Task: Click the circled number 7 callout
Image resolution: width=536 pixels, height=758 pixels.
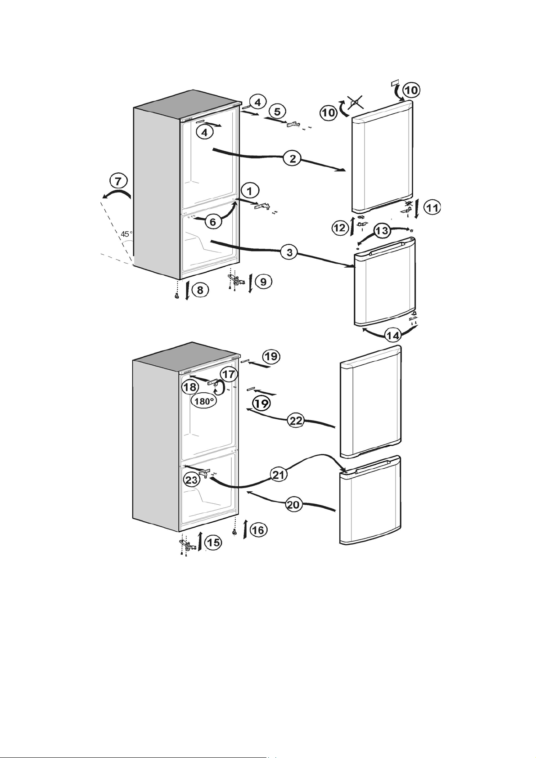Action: tap(118, 181)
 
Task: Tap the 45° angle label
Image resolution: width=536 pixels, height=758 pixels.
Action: tap(127, 234)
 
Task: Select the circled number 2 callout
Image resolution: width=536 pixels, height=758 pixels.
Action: tap(293, 158)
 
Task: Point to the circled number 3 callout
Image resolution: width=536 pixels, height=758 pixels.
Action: tap(289, 252)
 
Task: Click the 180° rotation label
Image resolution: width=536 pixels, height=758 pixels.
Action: tap(204, 401)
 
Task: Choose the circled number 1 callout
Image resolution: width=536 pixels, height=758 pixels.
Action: tap(249, 191)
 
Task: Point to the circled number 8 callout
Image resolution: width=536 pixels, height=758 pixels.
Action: tap(200, 290)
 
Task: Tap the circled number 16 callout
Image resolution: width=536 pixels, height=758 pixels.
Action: tap(258, 530)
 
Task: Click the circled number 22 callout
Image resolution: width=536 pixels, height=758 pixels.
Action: tap(296, 421)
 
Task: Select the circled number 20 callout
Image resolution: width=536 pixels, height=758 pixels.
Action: tap(293, 505)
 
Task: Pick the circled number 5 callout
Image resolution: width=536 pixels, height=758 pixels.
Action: tap(277, 111)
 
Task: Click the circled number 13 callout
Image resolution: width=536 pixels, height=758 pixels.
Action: tap(382, 231)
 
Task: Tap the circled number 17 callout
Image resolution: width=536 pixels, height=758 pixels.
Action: tap(229, 375)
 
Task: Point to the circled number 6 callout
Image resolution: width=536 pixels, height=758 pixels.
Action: tap(213, 222)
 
